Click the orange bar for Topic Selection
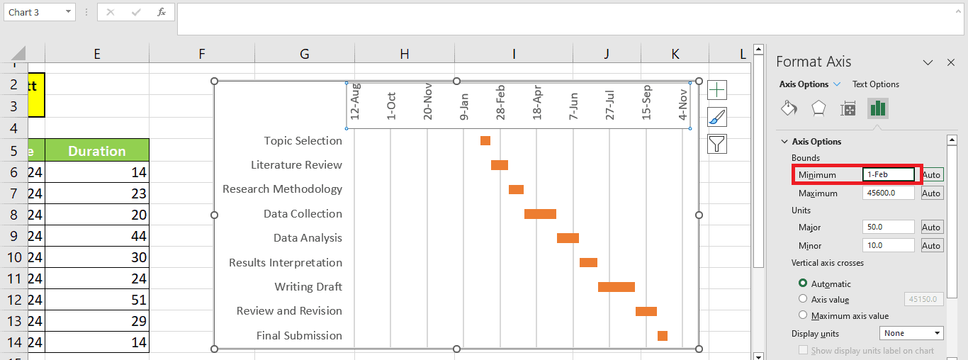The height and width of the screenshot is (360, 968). (x=485, y=140)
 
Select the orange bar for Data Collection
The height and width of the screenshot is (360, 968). (x=540, y=214)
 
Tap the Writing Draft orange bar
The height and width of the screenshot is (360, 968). (x=616, y=287)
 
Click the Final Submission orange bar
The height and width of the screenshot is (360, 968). (x=662, y=336)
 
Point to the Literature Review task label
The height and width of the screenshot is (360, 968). (x=296, y=165)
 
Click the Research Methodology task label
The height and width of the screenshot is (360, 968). (x=282, y=189)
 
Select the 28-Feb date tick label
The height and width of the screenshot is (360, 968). (x=500, y=103)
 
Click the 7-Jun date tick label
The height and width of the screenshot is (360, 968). (x=573, y=106)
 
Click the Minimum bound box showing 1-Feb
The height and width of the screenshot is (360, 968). (x=889, y=174)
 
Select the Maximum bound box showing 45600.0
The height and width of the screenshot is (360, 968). (x=889, y=193)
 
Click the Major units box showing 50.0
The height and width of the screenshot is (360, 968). (x=889, y=227)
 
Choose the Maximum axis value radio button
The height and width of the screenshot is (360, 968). (x=803, y=315)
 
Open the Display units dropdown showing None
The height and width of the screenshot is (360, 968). (x=911, y=333)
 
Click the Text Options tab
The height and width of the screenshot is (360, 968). (x=875, y=84)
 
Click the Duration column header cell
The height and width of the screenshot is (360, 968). (x=96, y=151)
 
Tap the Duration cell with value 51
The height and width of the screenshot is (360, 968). (x=96, y=300)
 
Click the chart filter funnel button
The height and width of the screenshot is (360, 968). (x=717, y=144)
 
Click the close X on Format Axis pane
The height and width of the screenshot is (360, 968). (x=951, y=62)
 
